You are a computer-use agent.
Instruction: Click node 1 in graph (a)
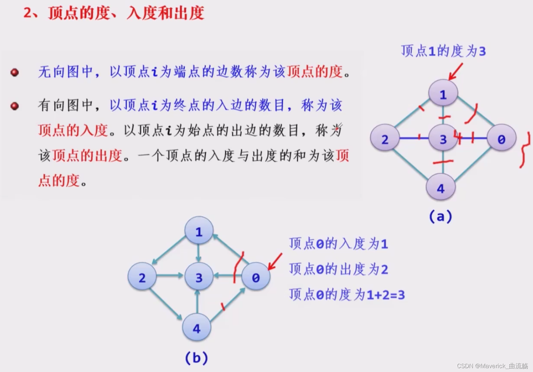[443, 94]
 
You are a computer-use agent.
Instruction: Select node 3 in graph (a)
[443, 139]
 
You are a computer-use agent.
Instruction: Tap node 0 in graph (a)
[501, 139]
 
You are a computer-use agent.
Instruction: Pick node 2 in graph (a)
[385, 139]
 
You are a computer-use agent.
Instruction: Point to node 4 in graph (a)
[441, 188]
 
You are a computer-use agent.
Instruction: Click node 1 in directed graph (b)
[199, 231]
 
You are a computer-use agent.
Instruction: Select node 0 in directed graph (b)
[256, 277]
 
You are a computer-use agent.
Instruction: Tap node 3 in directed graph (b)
[199, 277]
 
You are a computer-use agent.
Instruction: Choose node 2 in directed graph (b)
[142, 277]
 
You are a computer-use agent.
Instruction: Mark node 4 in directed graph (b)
[197, 328]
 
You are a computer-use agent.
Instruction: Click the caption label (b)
[196, 358]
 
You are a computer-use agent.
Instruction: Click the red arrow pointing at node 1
[456, 71]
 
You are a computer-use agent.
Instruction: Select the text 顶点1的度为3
[443, 51]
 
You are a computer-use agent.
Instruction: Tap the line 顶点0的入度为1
[338, 244]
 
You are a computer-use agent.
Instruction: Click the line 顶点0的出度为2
[338, 269]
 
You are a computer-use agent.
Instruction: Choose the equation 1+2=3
[386, 295]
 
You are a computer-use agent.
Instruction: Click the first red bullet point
[15, 72]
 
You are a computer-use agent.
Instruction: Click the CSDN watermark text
[492, 366]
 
